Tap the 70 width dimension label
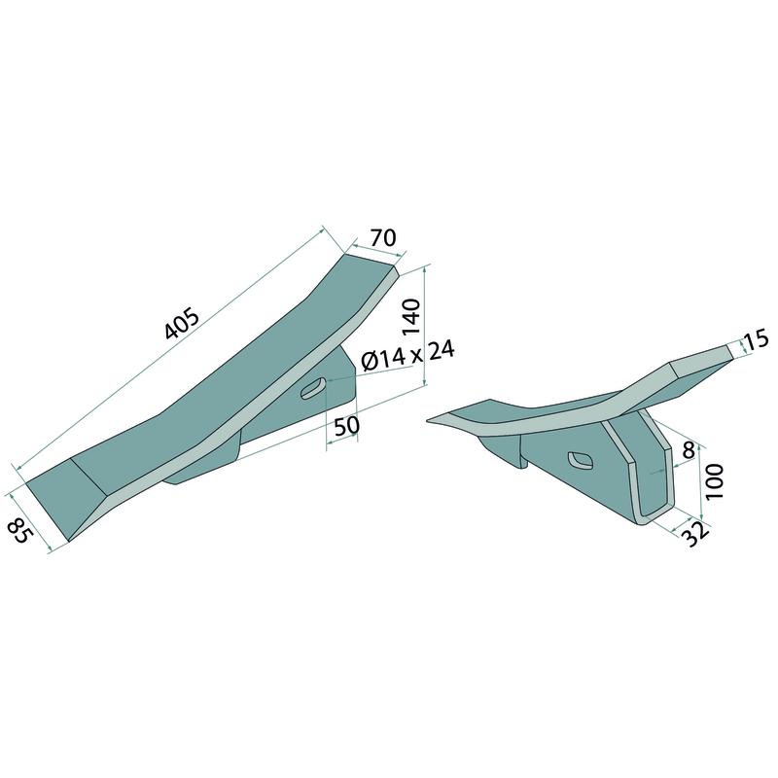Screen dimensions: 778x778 point(383,237)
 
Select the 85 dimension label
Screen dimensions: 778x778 point(20,529)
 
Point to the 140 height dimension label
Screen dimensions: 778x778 point(411,318)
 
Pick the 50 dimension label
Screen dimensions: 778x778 point(346,426)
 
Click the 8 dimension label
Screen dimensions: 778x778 point(688,450)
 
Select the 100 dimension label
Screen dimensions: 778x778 point(714,481)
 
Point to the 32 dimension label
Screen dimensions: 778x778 point(696,534)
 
